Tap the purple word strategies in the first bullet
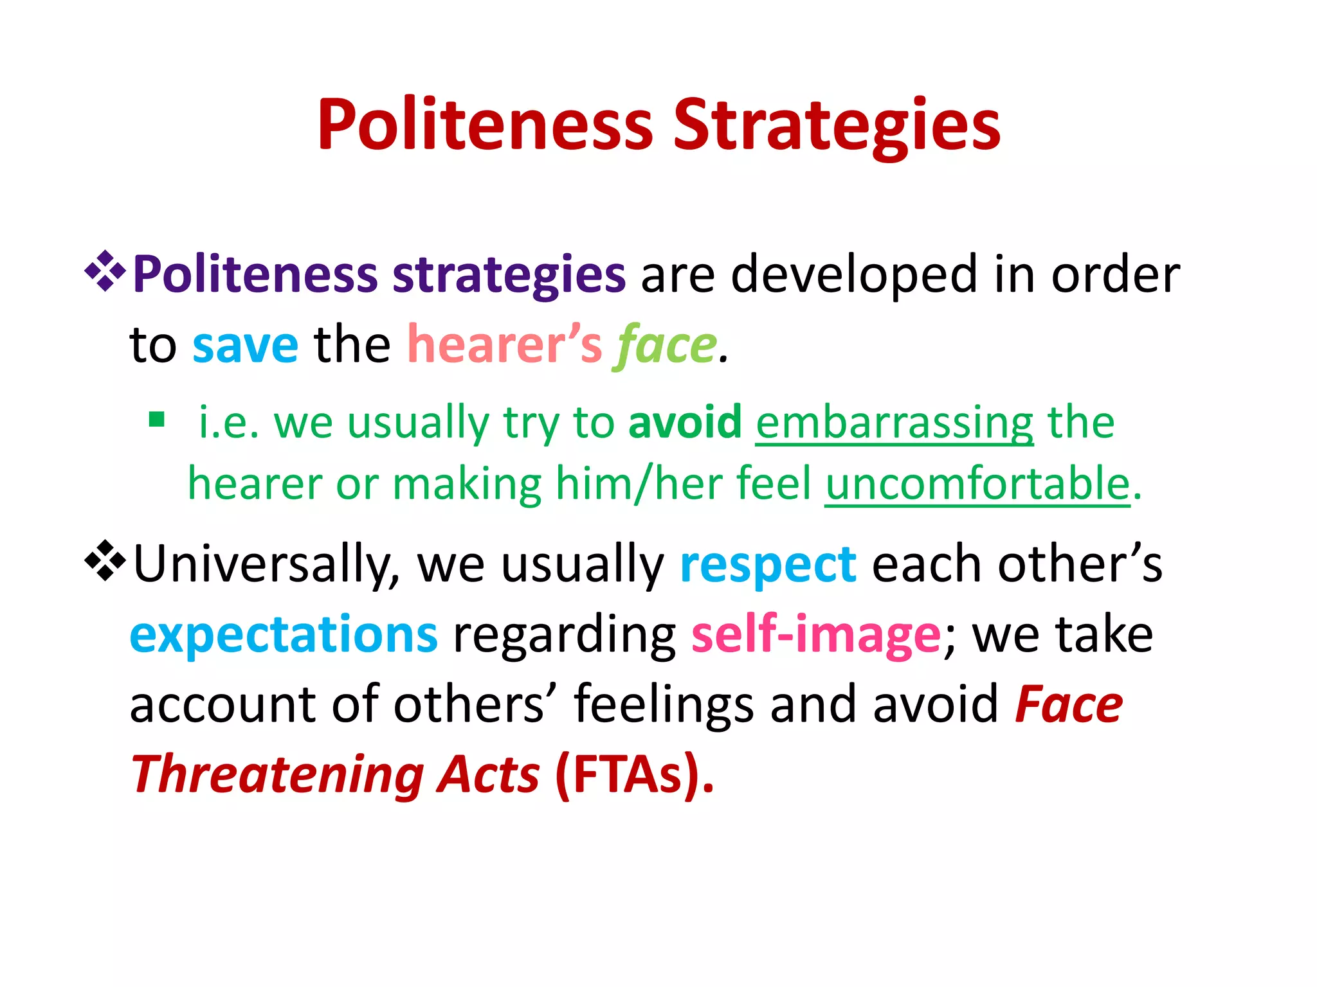[509, 275]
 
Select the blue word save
[246, 346]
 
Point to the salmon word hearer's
[505, 346]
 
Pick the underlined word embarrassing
[895, 423]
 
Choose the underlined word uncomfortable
[977, 483]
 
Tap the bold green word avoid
[685, 423]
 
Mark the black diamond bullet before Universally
[105, 562]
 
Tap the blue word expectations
[284, 635]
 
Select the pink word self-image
[816, 635]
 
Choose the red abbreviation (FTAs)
[634, 775]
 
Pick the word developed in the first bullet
[855, 275]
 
